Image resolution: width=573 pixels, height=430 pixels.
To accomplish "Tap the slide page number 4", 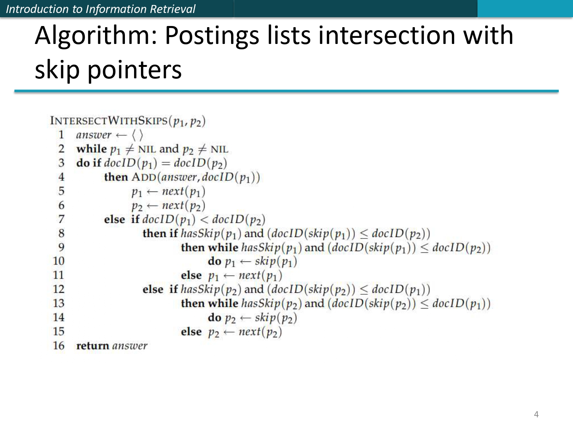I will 536,414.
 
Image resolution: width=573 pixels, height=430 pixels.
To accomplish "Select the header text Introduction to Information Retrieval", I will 100,9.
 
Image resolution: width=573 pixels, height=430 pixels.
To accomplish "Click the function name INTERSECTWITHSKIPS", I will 109,121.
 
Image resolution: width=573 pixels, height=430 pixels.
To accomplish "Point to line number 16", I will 58,346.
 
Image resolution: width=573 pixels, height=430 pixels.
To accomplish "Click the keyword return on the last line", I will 93,346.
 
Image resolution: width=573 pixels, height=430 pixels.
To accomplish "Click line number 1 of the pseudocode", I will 61,135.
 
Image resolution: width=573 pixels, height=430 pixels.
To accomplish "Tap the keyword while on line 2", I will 91,149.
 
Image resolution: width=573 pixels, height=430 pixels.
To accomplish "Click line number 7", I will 61,219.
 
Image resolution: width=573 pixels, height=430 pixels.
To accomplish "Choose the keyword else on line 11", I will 191,275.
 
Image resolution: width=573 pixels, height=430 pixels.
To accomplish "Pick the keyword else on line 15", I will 191,331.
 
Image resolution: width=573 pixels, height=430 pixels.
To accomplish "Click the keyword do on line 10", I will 214,261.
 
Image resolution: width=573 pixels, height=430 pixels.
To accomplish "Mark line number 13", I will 58,303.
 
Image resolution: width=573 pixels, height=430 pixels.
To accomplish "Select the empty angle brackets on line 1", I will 137,135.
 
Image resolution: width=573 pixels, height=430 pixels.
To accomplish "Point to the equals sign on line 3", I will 165,163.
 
